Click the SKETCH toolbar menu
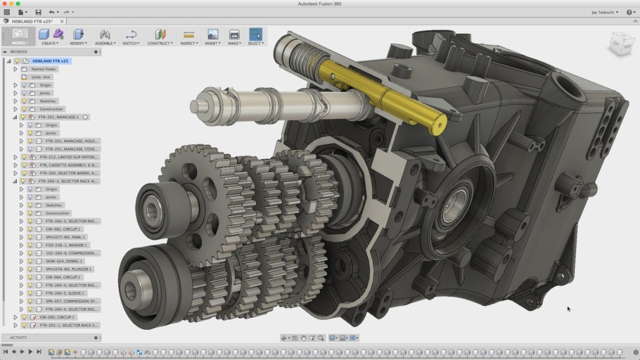130,37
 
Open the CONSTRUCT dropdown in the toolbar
160,37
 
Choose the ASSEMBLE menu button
105,37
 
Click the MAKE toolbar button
234,37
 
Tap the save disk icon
38,12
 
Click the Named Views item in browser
43,69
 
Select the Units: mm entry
41,77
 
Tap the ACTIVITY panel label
18,337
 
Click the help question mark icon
628,12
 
